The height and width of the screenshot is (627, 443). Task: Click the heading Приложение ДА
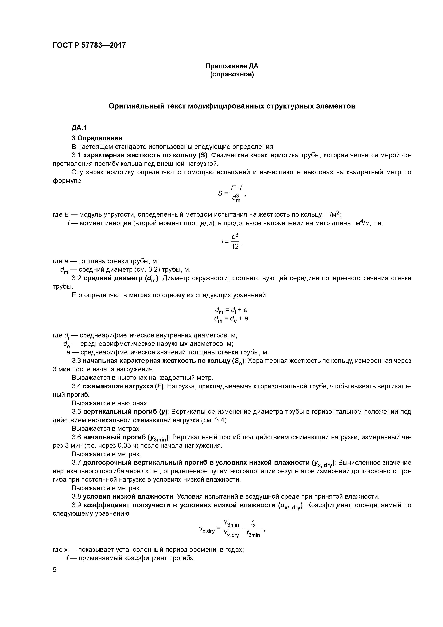[x=232, y=66]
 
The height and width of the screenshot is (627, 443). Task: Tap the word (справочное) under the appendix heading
[x=232, y=75]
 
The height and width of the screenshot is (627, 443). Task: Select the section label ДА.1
[x=79, y=128]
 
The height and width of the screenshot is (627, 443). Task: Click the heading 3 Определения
[x=97, y=138]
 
